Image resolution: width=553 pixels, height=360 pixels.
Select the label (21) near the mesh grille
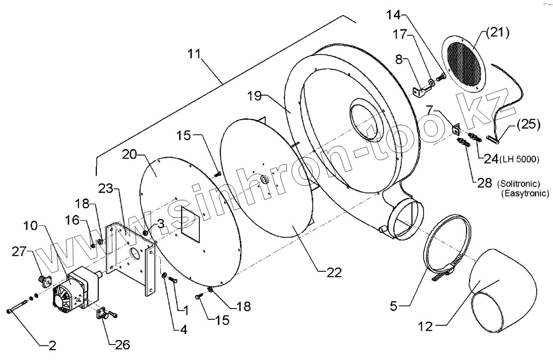click(x=498, y=33)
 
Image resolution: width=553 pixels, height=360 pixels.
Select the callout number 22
click(x=333, y=273)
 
